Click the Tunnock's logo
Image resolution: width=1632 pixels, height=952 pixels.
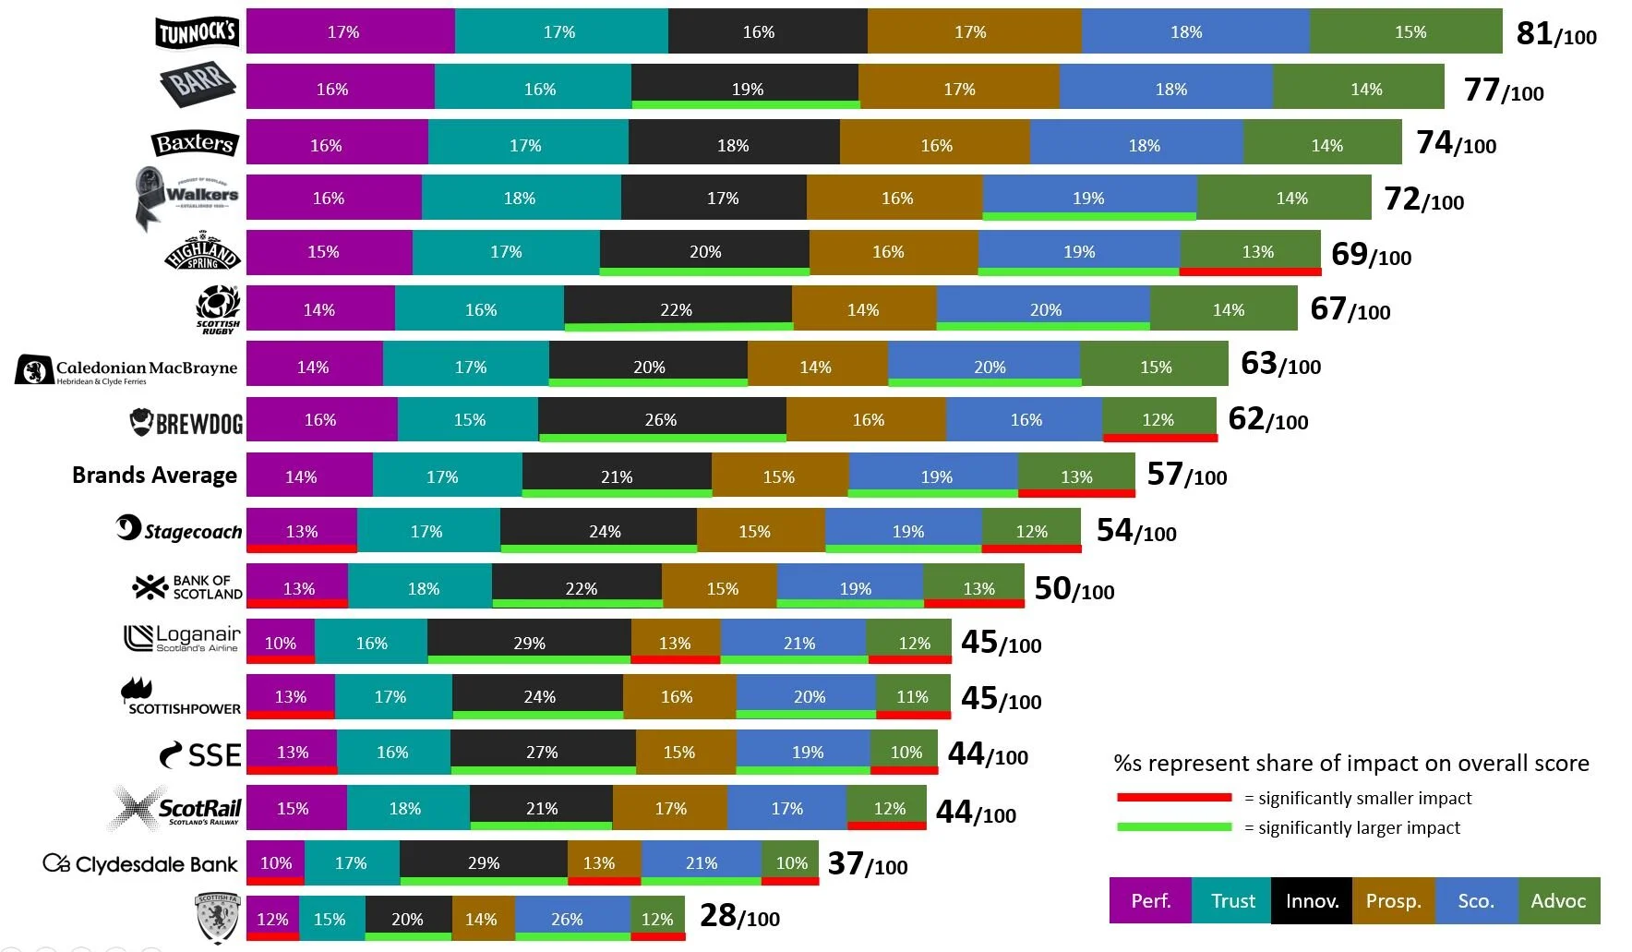(x=197, y=32)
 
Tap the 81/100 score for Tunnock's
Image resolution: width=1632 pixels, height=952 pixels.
(x=1555, y=34)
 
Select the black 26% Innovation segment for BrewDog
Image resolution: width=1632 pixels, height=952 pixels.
(x=661, y=419)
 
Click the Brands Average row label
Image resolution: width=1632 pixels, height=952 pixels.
(x=154, y=475)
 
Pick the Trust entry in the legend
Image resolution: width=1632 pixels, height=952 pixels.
(x=1232, y=900)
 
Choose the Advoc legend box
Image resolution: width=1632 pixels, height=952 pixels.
(x=1558, y=900)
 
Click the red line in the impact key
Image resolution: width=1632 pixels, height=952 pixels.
(x=1174, y=797)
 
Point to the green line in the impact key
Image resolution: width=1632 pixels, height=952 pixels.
(x=1174, y=826)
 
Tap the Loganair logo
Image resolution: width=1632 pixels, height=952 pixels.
(x=182, y=638)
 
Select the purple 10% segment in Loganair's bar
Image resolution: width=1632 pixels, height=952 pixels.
(x=281, y=642)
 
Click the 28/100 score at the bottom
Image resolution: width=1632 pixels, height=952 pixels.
(x=739, y=916)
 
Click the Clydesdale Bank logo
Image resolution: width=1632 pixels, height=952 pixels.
(x=140, y=864)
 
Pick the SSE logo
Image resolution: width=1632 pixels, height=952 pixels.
(x=200, y=754)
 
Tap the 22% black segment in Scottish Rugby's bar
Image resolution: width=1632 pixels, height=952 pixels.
(x=677, y=308)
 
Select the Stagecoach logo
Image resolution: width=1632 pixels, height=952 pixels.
(x=179, y=529)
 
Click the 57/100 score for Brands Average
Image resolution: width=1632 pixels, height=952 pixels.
(x=1186, y=476)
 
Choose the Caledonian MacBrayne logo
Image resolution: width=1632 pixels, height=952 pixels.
(x=126, y=369)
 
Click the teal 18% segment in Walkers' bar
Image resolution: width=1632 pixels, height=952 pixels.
(x=520, y=198)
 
